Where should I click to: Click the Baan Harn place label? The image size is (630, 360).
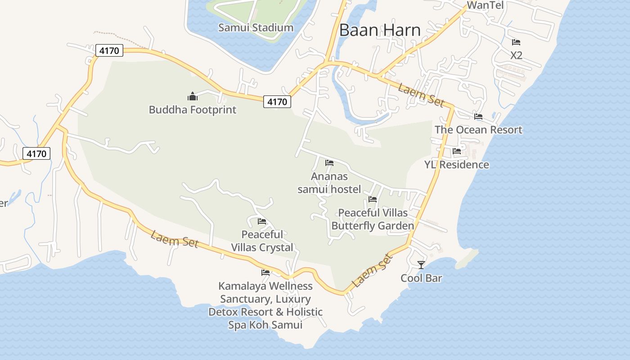click(380, 30)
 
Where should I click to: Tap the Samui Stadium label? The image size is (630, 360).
click(256, 27)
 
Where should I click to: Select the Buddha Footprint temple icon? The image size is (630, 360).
click(193, 96)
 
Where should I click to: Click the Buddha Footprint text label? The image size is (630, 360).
click(193, 109)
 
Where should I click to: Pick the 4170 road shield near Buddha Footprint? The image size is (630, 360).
click(277, 102)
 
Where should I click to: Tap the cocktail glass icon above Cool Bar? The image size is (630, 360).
click(421, 265)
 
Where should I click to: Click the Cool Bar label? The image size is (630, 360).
click(421, 278)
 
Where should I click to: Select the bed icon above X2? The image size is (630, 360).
click(516, 42)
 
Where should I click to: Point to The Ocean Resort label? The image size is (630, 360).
click(478, 130)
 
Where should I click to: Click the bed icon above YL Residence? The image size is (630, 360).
click(457, 151)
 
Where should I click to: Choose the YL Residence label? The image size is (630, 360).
click(457, 164)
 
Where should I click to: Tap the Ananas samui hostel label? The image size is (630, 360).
click(329, 183)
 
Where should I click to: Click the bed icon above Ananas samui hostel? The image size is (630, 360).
click(329, 163)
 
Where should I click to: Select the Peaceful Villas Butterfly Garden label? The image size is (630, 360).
click(373, 219)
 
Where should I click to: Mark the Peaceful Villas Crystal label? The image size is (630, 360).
click(262, 241)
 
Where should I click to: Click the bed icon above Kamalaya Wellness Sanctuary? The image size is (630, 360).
click(265, 273)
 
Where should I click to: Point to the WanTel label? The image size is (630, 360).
click(485, 5)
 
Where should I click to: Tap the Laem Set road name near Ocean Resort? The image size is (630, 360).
click(421, 94)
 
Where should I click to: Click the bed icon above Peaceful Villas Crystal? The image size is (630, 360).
click(262, 221)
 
